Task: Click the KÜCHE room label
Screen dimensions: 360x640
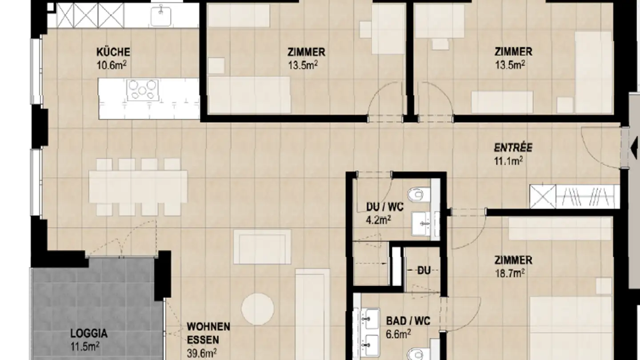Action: tap(113, 52)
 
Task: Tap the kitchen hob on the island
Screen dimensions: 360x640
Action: tap(142, 90)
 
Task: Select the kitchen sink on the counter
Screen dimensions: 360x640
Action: tap(161, 16)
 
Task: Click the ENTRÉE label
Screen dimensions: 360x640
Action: tap(513, 148)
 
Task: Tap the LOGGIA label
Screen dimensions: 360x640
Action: tap(89, 333)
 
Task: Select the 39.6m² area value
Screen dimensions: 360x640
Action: tap(202, 353)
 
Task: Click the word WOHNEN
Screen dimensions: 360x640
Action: tap(208, 327)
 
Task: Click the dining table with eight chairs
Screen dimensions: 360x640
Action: tap(138, 187)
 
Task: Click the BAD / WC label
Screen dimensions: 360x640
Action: tap(408, 321)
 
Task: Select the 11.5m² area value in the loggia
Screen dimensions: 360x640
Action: tap(84, 346)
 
